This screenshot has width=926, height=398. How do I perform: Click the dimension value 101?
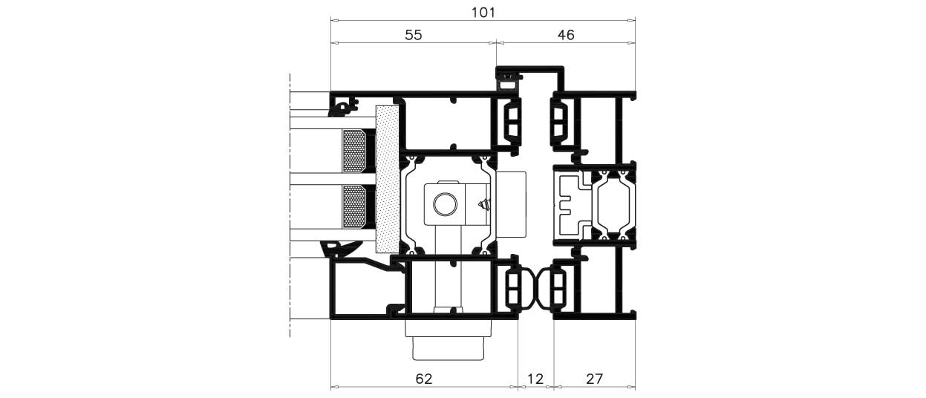[483, 13]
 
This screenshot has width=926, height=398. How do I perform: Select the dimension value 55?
[414, 35]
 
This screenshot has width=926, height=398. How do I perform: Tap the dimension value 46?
[566, 35]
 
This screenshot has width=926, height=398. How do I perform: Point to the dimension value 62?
[424, 379]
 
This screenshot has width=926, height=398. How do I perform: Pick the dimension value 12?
[535, 379]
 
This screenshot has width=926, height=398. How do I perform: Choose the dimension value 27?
[595, 379]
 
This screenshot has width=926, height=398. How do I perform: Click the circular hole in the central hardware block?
[445, 204]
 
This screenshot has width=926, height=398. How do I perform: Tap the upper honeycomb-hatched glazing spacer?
[354, 151]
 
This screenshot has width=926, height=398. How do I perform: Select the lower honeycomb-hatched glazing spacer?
[354, 207]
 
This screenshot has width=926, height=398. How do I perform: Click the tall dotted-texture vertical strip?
[388, 179]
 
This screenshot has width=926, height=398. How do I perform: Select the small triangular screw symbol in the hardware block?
[483, 205]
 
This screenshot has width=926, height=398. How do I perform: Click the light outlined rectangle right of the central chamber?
[512, 204]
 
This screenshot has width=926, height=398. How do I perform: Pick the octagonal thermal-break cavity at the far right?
[614, 206]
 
